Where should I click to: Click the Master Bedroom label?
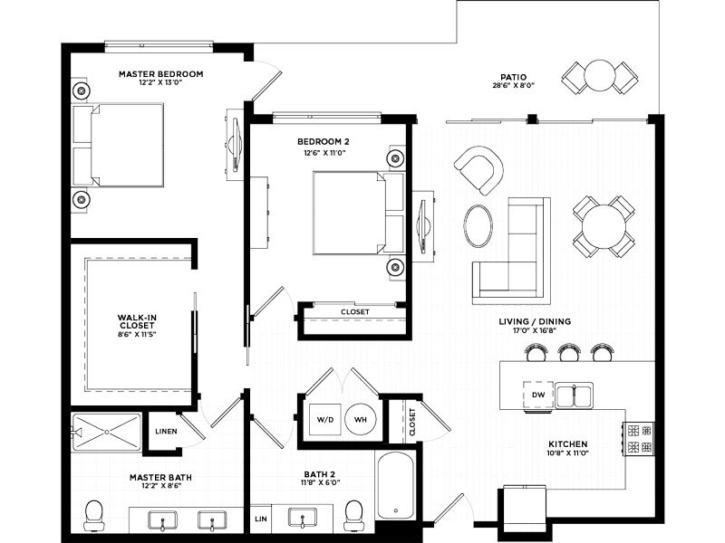[x=161, y=74]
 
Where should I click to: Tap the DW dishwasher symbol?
[x=538, y=395]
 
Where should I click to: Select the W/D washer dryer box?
[x=325, y=419]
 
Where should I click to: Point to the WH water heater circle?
[x=361, y=419]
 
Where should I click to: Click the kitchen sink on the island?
[x=575, y=395]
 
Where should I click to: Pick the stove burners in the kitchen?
[x=640, y=439]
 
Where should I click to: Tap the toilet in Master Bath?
[x=94, y=516]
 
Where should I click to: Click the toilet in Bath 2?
[x=353, y=516]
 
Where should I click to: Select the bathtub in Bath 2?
[x=395, y=485]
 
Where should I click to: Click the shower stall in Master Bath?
[x=106, y=433]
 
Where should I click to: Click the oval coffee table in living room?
[x=478, y=225]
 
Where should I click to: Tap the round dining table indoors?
[x=604, y=227]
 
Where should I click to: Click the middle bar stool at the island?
[x=568, y=352]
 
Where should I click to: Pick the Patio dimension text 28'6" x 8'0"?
[x=514, y=85]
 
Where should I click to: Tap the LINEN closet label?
[x=166, y=432]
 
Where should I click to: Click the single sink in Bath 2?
[x=302, y=518]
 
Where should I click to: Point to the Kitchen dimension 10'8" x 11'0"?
[x=568, y=453]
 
